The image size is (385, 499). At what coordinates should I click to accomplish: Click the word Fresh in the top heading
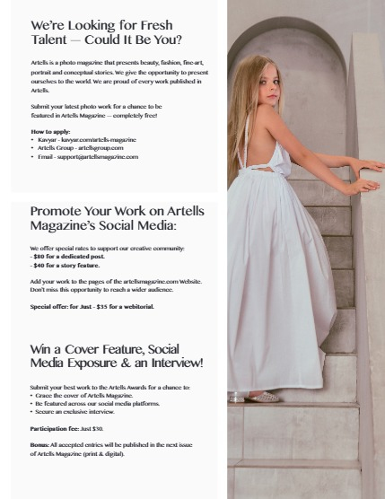[151, 25]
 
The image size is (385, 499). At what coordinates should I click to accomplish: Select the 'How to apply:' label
[49, 132]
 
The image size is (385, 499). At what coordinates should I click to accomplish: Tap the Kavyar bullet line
[86, 140]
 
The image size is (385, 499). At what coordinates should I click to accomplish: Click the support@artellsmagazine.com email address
[101, 157]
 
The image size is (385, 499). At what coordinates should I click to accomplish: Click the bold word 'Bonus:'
[41, 444]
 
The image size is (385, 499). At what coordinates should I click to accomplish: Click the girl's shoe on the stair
[265, 397]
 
